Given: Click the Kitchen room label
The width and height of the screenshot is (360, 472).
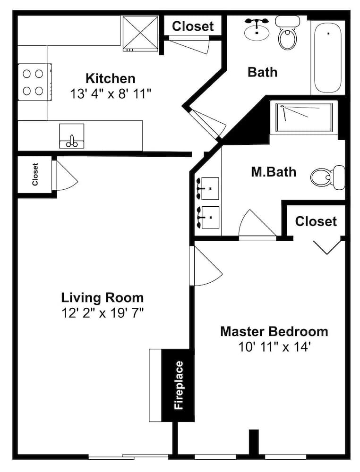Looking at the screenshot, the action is [110, 78].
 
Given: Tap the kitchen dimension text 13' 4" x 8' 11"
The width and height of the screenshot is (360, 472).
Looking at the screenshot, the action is [110, 93].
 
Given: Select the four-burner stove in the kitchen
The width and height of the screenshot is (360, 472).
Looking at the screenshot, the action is [34, 82].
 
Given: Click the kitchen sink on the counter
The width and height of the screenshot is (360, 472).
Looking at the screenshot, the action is [71, 136].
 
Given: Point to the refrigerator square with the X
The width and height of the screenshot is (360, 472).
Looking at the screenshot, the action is [140, 33].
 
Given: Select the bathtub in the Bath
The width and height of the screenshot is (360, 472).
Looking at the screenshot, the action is [328, 58].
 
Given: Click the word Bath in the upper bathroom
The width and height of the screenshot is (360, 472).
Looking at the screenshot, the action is [262, 72].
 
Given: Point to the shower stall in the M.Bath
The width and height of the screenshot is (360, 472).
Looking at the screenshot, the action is [305, 118].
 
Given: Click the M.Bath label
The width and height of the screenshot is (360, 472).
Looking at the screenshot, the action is [274, 172].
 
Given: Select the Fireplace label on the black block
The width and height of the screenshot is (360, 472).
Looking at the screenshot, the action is [179, 385].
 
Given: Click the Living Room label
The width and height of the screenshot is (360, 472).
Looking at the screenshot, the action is [103, 298].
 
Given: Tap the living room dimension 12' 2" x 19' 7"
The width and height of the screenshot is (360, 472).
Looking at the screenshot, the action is [103, 313].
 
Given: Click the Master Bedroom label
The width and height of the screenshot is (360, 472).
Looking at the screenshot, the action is [274, 331].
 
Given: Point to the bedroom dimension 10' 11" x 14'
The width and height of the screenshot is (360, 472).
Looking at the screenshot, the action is [274, 347].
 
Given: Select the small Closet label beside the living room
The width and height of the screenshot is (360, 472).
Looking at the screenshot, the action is [35, 174].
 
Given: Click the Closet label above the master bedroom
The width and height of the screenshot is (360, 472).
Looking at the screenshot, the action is [316, 221].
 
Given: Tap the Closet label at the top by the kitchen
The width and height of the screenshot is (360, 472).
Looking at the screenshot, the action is [193, 26].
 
